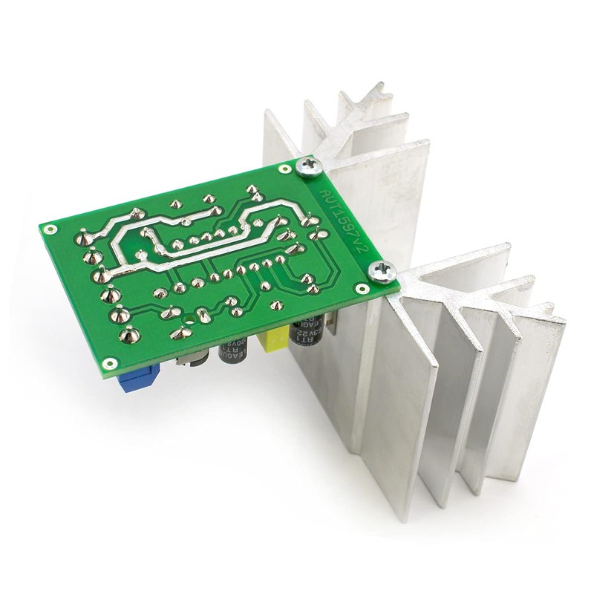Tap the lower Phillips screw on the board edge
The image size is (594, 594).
tap(383, 272)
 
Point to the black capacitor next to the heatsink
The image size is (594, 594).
tap(308, 331)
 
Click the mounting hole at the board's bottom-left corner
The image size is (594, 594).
tap(110, 363)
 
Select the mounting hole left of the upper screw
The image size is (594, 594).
tap(284, 169)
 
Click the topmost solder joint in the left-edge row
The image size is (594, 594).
tap(84, 239)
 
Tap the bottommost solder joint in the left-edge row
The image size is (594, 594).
tap(129, 335)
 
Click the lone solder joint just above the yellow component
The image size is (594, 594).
tap(276, 305)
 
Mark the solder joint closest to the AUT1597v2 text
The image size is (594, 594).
tap(321, 235)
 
